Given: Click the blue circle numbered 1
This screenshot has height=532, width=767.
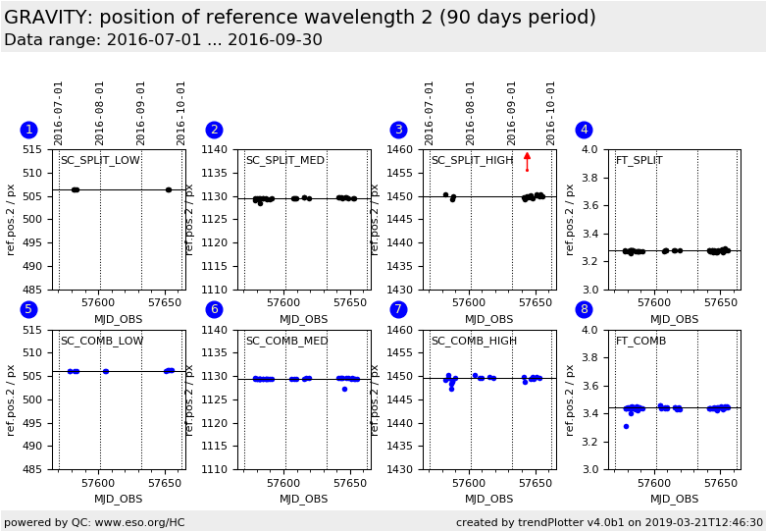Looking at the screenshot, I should pos(28,130).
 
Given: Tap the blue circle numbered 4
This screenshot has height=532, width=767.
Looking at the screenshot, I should pos(584,130).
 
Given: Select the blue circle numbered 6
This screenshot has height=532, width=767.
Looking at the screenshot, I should pos(214,309).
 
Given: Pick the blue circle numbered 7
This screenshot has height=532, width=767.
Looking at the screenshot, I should pos(398,309).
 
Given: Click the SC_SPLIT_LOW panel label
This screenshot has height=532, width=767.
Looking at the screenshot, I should pos(100,161).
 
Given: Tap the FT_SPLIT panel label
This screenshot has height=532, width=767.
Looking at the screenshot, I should pos(639,161).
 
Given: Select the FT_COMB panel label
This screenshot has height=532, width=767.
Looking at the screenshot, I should pos(640,342).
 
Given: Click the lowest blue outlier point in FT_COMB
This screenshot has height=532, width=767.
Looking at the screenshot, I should pos(626,426).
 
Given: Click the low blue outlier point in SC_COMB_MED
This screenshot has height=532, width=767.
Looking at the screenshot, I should pos(344,389).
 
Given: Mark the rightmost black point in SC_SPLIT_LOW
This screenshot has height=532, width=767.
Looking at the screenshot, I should pos(168,189).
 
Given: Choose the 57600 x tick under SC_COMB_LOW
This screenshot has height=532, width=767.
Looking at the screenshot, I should pos(99,482).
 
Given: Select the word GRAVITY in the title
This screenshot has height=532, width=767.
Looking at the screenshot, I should pos(46,18).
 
